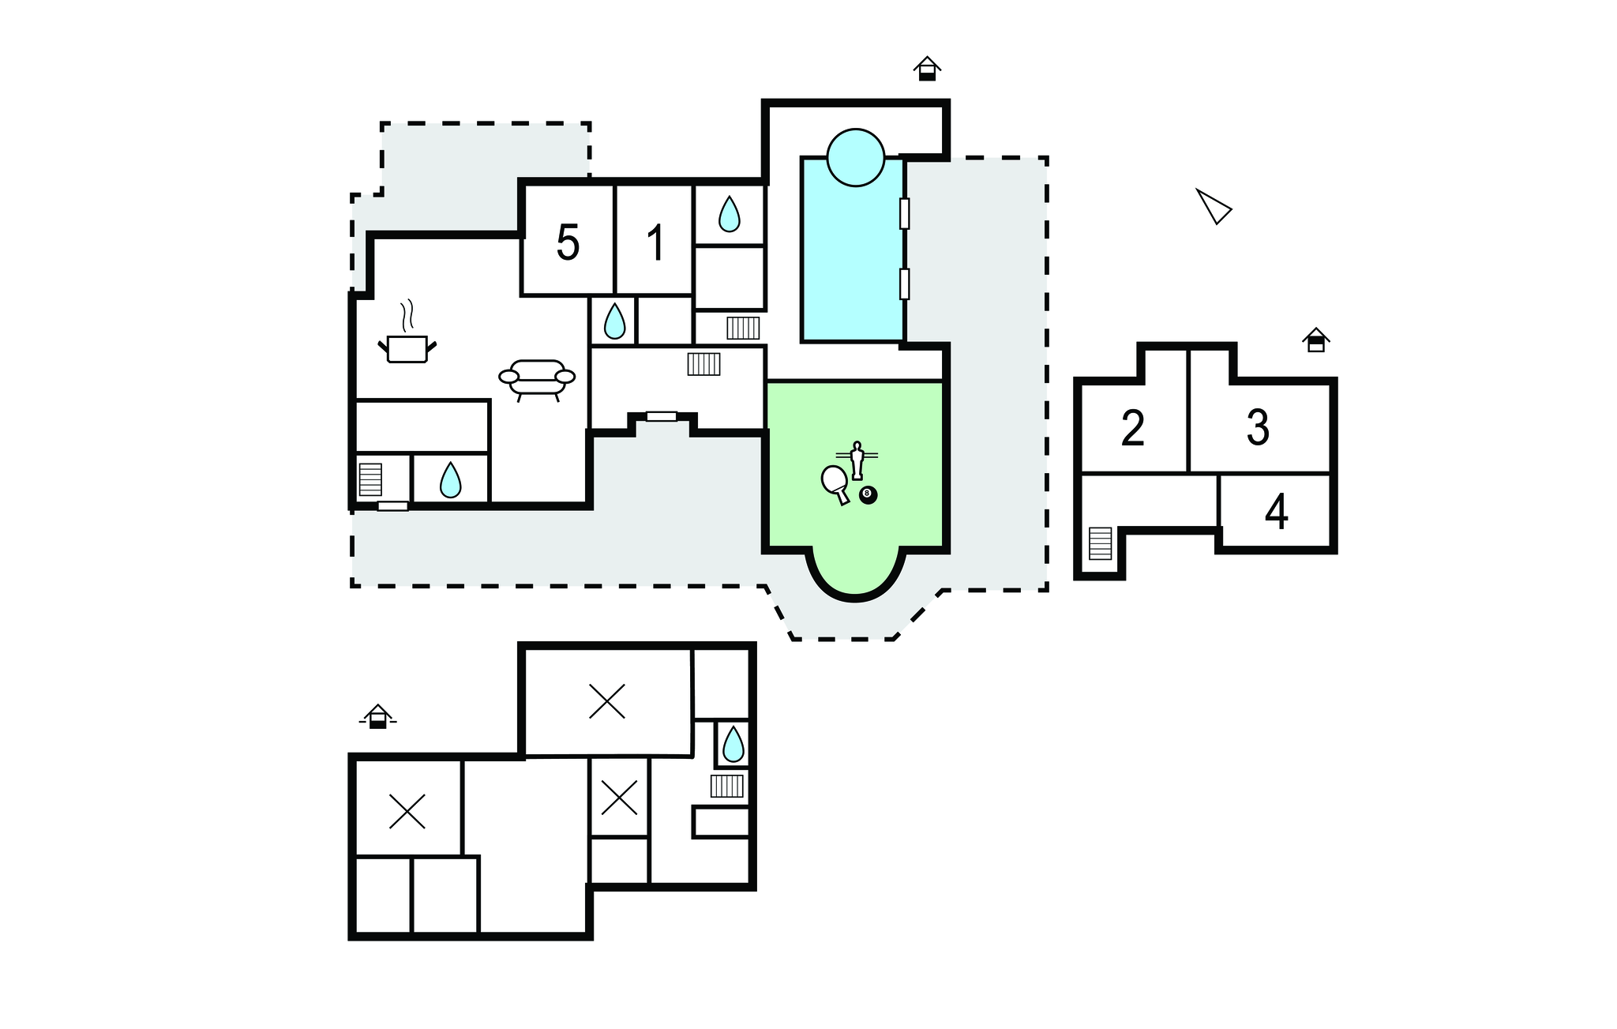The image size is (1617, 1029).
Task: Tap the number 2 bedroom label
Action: [1133, 428]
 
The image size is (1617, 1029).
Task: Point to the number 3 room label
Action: [1258, 427]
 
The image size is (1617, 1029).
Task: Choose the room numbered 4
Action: [1277, 512]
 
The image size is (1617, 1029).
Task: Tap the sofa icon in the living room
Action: [537, 380]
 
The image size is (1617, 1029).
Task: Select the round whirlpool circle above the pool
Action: [855, 157]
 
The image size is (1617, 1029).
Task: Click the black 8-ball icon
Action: [868, 495]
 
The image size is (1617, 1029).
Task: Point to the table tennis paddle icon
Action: [835, 483]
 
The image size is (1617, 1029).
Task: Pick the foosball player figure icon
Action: [857, 459]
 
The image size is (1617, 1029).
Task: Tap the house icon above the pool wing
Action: [927, 69]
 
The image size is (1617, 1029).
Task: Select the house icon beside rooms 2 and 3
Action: [1315, 340]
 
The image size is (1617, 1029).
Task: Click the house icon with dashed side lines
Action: [377, 716]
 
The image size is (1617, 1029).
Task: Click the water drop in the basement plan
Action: [733, 744]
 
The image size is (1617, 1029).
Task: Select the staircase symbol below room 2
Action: [1100, 543]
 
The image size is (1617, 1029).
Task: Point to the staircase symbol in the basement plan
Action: [726, 786]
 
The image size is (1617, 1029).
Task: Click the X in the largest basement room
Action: [607, 701]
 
